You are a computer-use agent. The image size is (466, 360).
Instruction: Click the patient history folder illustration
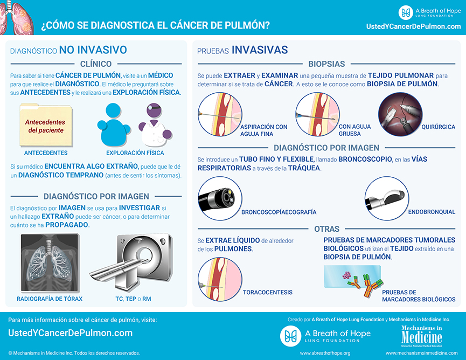click(x=46, y=125)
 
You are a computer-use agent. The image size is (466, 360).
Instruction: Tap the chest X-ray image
click(x=50, y=262)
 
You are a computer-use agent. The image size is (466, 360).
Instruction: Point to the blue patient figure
click(x=114, y=125)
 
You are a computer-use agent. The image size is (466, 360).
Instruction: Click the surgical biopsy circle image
click(x=400, y=114)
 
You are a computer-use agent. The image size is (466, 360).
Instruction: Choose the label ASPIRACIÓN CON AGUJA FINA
click(x=263, y=130)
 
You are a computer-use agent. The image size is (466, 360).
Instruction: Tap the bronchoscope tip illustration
click(x=220, y=198)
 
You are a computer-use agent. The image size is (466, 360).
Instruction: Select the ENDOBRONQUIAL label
click(x=432, y=212)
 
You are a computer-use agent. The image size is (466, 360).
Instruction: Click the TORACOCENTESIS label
click(x=267, y=292)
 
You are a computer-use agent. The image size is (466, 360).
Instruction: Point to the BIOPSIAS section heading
click(x=326, y=64)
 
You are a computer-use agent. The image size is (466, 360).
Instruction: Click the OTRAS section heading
click(x=326, y=229)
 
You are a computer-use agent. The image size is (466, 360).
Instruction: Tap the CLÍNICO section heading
click(x=96, y=64)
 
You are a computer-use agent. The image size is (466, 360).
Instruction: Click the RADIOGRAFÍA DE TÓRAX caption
click(x=50, y=299)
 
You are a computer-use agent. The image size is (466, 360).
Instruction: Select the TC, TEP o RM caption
click(x=133, y=299)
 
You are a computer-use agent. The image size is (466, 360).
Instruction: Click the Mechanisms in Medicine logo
click(x=421, y=336)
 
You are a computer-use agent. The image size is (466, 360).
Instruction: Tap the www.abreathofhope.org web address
click(x=325, y=353)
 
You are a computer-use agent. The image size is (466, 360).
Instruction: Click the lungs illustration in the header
click(x=16, y=17)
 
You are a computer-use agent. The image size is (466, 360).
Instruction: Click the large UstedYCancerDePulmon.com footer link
click(x=71, y=333)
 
